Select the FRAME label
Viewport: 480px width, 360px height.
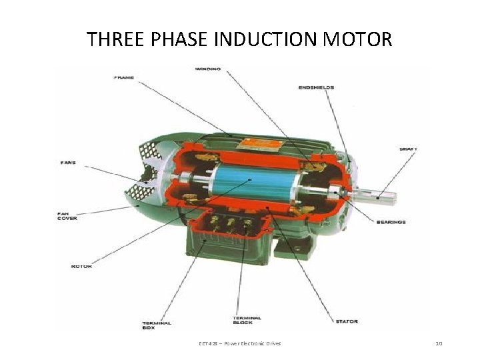124,77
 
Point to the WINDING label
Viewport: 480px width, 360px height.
208,69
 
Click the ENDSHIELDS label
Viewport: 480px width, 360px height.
315,87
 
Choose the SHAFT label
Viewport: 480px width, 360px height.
408,148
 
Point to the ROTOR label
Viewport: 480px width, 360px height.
81,266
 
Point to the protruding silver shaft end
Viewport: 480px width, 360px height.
380,196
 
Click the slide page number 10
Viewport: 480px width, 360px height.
438,343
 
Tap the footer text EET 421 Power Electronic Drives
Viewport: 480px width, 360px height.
240,343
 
